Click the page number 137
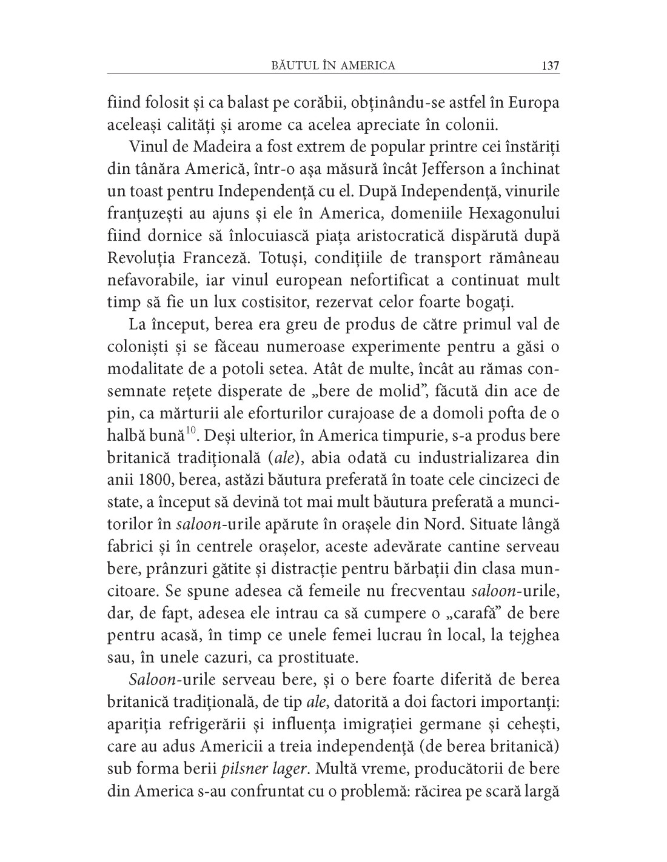[550, 65]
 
